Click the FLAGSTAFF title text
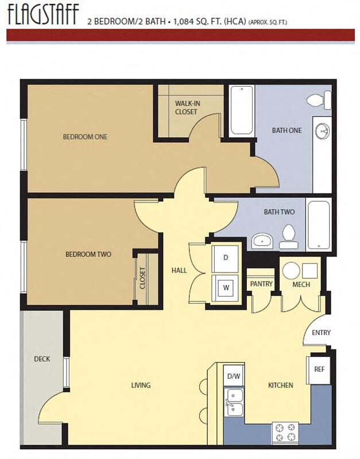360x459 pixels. coord(42,15)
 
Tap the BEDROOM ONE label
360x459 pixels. coord(85,137)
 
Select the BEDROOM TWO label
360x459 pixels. coord(88,254)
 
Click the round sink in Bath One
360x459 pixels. coord(323,131)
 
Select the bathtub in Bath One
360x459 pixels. coord(241,111)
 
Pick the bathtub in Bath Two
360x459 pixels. coord(319,224)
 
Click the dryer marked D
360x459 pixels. coord(226,258)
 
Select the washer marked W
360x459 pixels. coord(226,287)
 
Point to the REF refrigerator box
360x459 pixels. coord(319,370)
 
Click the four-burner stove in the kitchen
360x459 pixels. coord(285,431)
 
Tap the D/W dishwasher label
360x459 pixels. coord(233,376)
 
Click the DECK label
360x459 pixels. coord(42,359)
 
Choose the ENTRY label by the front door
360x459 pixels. coord(321,333)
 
